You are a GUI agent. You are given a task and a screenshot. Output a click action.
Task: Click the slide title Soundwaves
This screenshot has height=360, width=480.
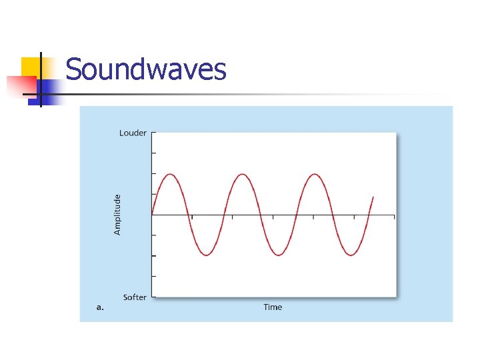(146, 70)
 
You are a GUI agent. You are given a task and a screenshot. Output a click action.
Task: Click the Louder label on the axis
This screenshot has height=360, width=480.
(133, 133)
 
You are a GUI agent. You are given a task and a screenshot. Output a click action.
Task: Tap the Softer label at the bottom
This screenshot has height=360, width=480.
(135, 297)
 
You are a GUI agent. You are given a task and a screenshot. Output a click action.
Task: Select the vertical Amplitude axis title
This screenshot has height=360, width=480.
(118, 215)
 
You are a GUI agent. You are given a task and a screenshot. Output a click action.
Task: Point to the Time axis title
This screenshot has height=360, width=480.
(273, 307)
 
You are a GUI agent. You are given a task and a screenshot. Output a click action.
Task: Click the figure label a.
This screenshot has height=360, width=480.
(100, 307)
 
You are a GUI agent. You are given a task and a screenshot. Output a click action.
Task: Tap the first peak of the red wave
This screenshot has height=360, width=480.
(171, 175)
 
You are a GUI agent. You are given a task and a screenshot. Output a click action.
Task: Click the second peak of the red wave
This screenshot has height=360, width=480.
(243, 175)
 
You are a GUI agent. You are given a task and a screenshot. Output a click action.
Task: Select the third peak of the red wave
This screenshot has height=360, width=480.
(314, 175)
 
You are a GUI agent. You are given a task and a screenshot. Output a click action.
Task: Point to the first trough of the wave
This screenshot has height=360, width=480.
(207, 255)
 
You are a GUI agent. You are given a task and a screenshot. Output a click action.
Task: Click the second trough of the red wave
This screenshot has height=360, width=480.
(279, 255)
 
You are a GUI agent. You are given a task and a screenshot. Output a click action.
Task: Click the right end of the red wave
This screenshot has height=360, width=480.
(373, 197)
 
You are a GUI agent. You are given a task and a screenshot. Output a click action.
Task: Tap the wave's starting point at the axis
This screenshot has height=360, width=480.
(153, 215)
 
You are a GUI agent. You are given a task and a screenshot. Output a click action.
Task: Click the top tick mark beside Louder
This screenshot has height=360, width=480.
(153, 133)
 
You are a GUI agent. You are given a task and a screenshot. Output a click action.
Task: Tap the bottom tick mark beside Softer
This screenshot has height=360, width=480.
(153, 297)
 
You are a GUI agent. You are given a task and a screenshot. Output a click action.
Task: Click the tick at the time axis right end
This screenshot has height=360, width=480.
(395, 217)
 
